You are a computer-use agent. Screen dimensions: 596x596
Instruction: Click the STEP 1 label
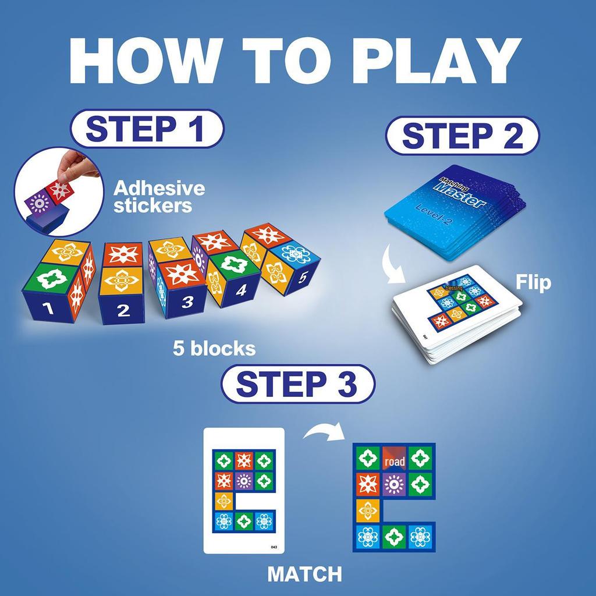click(x=147, y=129)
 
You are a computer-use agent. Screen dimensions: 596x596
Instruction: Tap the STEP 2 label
click(x=462, y=136)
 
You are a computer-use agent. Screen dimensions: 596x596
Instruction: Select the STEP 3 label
click(x=298, y=384)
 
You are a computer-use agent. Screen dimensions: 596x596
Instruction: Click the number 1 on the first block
click(x=50, y=308)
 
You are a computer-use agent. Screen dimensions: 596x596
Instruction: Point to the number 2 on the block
click(x=123, y=310)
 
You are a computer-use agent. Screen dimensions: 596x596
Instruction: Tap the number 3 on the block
click(x=187, y=301)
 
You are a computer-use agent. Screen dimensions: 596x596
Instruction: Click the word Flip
click(x=534, y=283)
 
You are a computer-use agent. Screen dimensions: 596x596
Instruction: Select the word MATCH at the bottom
click(x=304, y=574)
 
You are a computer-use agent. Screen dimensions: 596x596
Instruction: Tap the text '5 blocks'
click(x=214, y=348)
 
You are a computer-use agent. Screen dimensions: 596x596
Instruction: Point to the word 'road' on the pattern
click(x=394, y=462)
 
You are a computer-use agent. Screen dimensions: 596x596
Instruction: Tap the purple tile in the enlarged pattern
click(x=394, y=484)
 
